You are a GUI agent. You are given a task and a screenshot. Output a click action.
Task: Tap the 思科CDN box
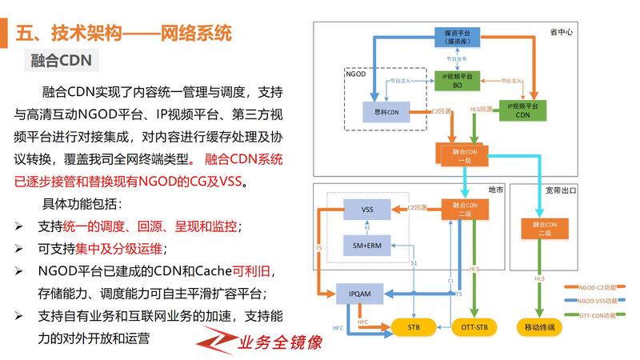click(x=386, y=113)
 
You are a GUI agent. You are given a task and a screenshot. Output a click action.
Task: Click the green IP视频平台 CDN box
click(x=522, y=110)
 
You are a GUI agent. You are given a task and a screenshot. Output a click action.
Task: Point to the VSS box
click(x=367, y=210)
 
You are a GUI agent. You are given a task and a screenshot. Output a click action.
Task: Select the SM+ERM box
click(x=367, y=246)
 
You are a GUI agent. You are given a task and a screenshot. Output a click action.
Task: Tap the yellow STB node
click(x=414, y=326)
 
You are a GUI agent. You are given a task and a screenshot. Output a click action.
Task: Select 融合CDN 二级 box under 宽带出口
click(x=545, y=228)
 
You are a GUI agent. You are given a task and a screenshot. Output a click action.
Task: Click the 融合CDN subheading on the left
click(x=61, y=60)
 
